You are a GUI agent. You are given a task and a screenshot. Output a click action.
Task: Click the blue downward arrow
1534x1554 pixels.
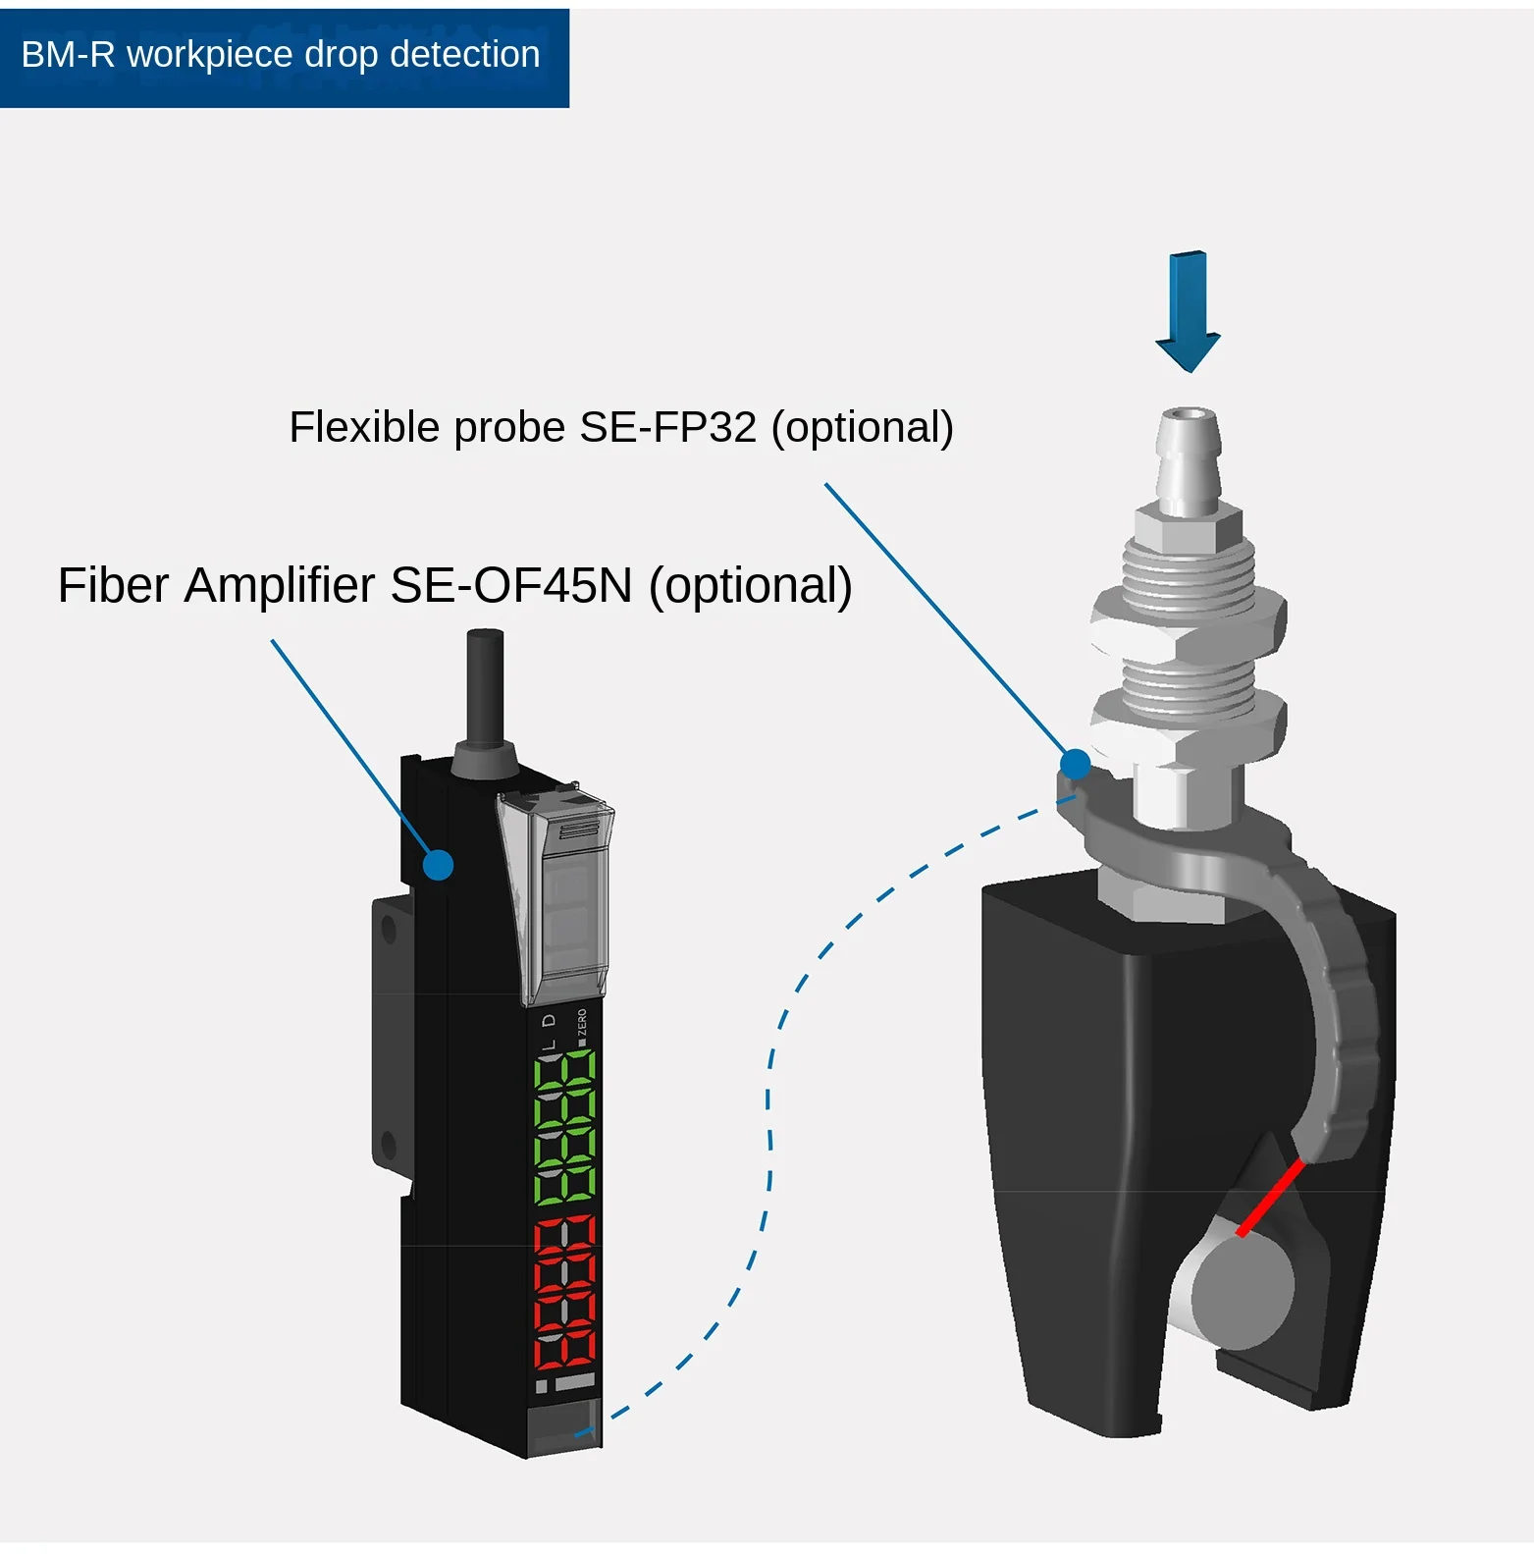tap(1188, 310)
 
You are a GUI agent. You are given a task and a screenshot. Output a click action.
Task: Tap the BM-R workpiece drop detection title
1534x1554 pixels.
tap(281, 55)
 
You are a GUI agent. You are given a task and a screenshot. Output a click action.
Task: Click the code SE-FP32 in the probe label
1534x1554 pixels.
tap(668, 427)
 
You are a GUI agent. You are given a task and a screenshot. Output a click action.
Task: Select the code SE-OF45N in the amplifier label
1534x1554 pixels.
tap(510, 585)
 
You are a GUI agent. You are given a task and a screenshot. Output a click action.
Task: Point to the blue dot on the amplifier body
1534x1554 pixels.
tap(438, 865)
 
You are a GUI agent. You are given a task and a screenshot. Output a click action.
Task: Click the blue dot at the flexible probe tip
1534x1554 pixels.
tap(1076, 763)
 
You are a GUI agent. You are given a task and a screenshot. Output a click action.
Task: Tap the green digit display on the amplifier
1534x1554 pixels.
tap(564, 1128)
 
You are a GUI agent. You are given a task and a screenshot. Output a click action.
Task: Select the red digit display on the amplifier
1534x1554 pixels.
tap(564, 1294)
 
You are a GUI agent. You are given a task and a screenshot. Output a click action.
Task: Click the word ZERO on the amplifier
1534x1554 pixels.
tap(582, 1022)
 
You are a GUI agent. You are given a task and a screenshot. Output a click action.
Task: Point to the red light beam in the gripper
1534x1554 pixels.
tap(1271, 1197)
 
